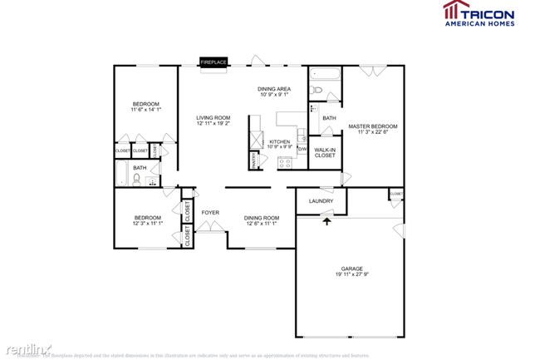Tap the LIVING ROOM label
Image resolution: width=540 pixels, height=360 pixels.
click(213, 118)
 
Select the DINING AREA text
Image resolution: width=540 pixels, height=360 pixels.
click(274, 88)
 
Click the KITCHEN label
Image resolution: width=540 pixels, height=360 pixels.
click(279, 142)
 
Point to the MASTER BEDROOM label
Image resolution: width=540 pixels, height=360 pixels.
click(372, 126)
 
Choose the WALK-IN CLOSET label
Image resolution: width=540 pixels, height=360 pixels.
click(325, 153)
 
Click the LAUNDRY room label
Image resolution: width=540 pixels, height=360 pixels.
click(322, 201)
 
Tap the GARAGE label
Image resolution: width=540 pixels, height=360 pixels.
click(351, 269)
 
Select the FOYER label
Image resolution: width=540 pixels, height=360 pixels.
click(210, 213)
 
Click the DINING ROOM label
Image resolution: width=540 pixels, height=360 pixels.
click(262, 218)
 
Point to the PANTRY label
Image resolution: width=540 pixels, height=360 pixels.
click(253, 159)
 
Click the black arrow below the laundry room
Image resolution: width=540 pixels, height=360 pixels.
click(326, 219)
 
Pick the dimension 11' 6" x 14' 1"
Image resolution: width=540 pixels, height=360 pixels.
click(145, 109)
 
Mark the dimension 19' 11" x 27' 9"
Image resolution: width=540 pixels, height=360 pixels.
click(351, 275)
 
